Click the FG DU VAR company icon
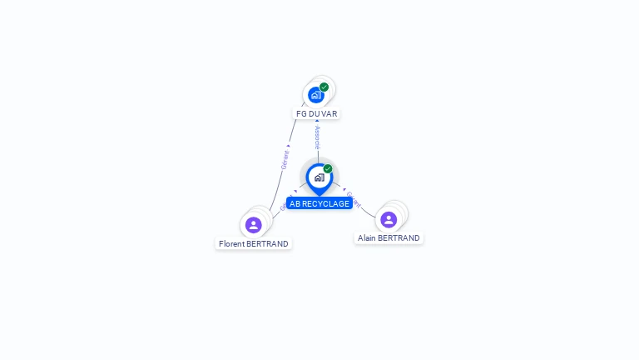(x=315, y=95)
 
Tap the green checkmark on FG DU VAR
(x=324, y=87)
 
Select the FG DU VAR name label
(x=317, y=113)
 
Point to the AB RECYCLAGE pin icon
(x=319, y=177)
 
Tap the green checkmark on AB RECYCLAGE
(x=328, y=168)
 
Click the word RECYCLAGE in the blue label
(x=326, y=203)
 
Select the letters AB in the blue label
(x=295, y=203)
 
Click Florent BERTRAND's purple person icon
(x=254, y=224)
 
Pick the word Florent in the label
(x=233, y=244)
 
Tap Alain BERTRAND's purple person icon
(x=389, y=219)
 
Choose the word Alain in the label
(x=367, y=237)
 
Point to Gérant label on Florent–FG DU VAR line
(x=285, y=159)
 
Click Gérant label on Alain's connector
(x=353, y=199)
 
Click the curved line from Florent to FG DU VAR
(x=280, y=175)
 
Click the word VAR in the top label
(x=329, y=113)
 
